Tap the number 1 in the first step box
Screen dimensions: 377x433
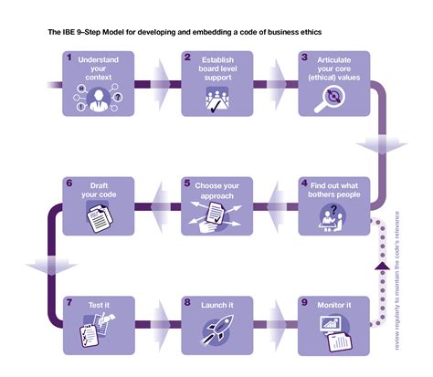[69, 57]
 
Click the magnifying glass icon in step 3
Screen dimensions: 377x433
[328, 99]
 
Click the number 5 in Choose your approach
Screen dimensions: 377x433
[186, 182]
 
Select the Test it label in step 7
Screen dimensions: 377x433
[100, 302]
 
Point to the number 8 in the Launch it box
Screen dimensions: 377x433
[186, 301]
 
